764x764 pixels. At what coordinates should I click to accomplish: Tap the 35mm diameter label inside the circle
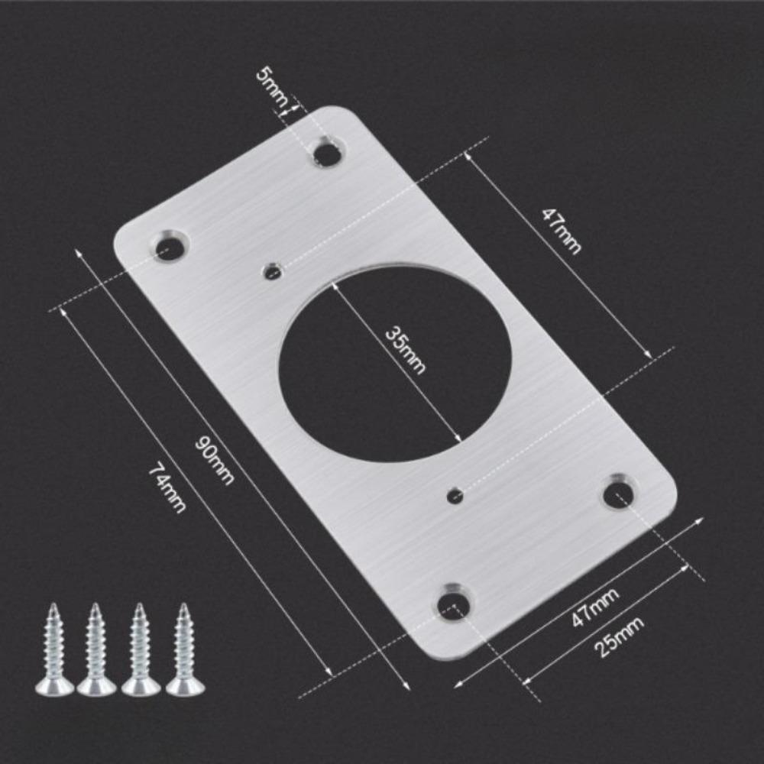(x=404, y=349)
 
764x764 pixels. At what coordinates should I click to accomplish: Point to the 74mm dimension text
(x=167, y=488)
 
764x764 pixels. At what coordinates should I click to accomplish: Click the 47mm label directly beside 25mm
(x=595, y=607)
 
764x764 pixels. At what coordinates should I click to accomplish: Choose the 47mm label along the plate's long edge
(x=562, y=230)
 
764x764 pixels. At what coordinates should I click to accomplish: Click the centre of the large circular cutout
(x=394, y=362)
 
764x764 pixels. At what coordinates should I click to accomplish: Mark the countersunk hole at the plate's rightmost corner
(x=618, y=494)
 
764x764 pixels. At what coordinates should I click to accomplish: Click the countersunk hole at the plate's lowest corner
(x=454, y=603)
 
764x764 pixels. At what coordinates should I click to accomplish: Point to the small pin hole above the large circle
(x=271, y=270)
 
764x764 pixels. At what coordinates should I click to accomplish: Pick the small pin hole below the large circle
(x=455, y=496)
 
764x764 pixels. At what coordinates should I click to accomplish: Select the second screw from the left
(x=96, y=649)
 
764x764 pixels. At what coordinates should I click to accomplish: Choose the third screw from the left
(x=141, y=649)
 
